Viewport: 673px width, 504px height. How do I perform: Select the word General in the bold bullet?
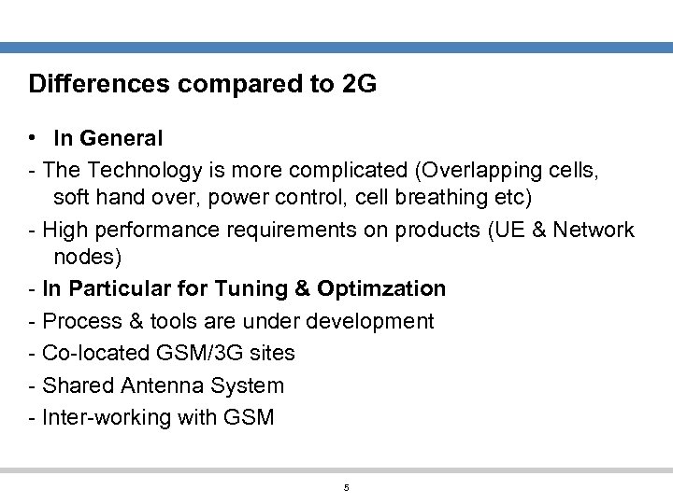pos(122,139)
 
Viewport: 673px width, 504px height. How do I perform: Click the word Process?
pos(82,321)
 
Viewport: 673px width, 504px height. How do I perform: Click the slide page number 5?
pos(346,488)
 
